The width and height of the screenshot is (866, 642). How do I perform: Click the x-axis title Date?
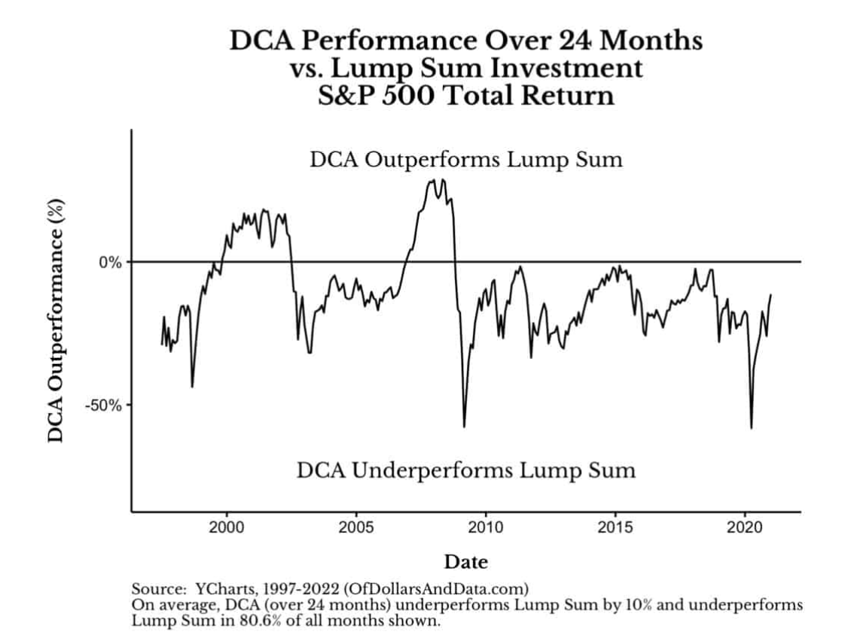pyautogui.click(x=465, y=561)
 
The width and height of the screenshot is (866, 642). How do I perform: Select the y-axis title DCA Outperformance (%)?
pyautogui.click(x=56, y=320)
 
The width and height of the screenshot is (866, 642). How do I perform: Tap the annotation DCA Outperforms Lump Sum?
pyautogui.click(x=466, y=160)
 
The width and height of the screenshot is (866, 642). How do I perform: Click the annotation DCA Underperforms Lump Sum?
pyautogui.click(x=466, y=471)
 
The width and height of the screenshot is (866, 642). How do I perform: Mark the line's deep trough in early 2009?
pyautogui.click(x=464, y=426)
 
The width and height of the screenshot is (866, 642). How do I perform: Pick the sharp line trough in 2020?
pyautogui.click(x=751, y=428)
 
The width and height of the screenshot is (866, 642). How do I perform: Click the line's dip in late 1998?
pyautogui.click(x=192, y=387)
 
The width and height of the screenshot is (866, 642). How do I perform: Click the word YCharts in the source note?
pyautogui.click(x=216, y=587)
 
